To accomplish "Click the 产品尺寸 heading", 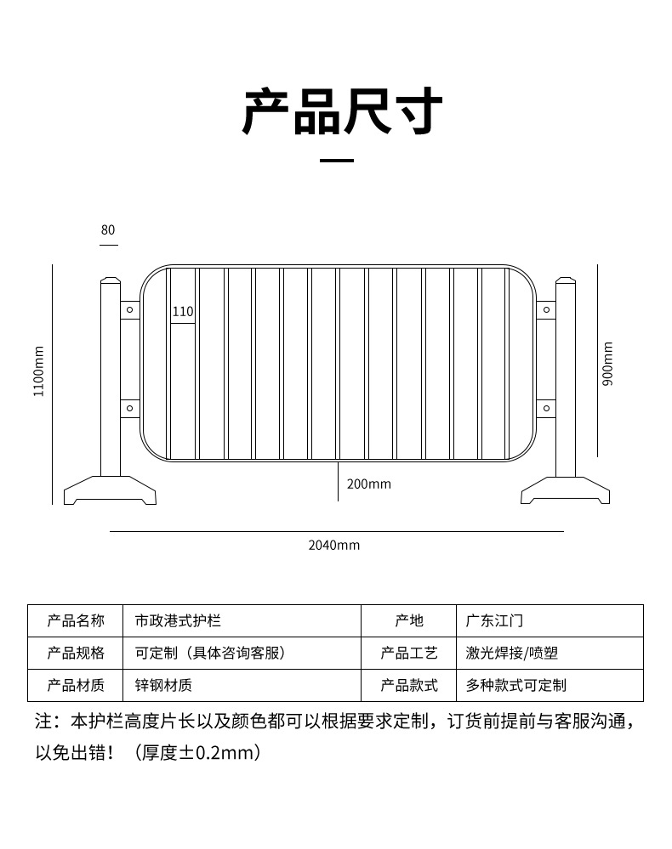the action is [x=343, y=113].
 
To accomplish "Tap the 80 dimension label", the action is [x=108, y=230].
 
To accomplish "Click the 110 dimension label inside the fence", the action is [x=183, y=312].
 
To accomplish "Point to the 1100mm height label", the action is [x=38, y=371].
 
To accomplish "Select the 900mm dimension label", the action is [x=607, y=364].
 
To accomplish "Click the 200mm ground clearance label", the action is [x=368, y=484].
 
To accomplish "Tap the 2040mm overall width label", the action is [x=333, y=545].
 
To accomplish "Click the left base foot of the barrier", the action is [x=110, y=490].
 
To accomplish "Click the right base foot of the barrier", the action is [x=567, y=490].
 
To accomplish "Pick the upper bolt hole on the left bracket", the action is [x=130, y=310].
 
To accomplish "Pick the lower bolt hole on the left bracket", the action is [x=130, y=409].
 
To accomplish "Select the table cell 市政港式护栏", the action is [x=178, y=621].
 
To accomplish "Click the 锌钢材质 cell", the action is [x=163, y=685].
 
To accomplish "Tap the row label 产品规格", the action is [x=76, y=653].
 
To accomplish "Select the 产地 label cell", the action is [x=409, y=621].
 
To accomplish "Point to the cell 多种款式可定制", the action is [x=515, y=685].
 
